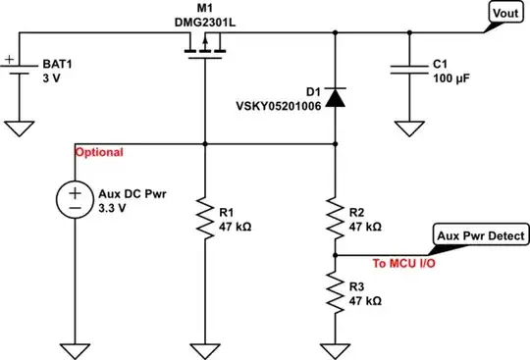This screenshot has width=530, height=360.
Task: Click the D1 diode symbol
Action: click(x=337, y=96)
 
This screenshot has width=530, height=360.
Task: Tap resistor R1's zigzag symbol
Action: click(x=204, y=218)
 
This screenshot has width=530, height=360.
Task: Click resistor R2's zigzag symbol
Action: click(x=337, y=219)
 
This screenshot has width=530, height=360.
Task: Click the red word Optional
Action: click(x=100, y=153)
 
